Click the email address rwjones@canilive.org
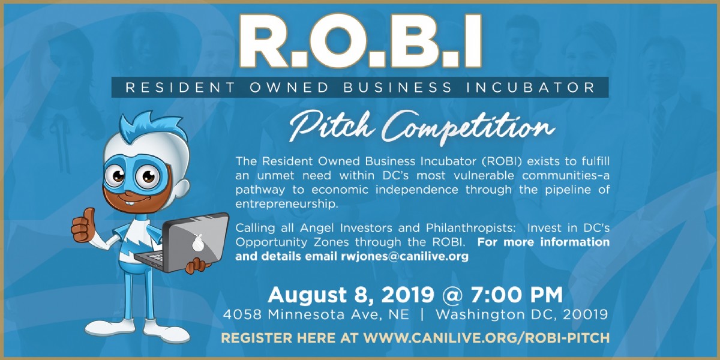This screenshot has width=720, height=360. tap(404, 257)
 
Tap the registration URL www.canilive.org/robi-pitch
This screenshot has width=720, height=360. tap(487, 338)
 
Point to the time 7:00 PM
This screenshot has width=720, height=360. tap(517, 295)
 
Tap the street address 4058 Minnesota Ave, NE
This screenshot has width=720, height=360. tap(316, 314)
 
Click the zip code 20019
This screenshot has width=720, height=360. tap(586, 314)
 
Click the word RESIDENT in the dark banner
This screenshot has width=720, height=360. tap(181, 88)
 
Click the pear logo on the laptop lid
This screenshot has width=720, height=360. tap(198, 242)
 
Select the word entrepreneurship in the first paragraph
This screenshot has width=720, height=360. tap(287, 204)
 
